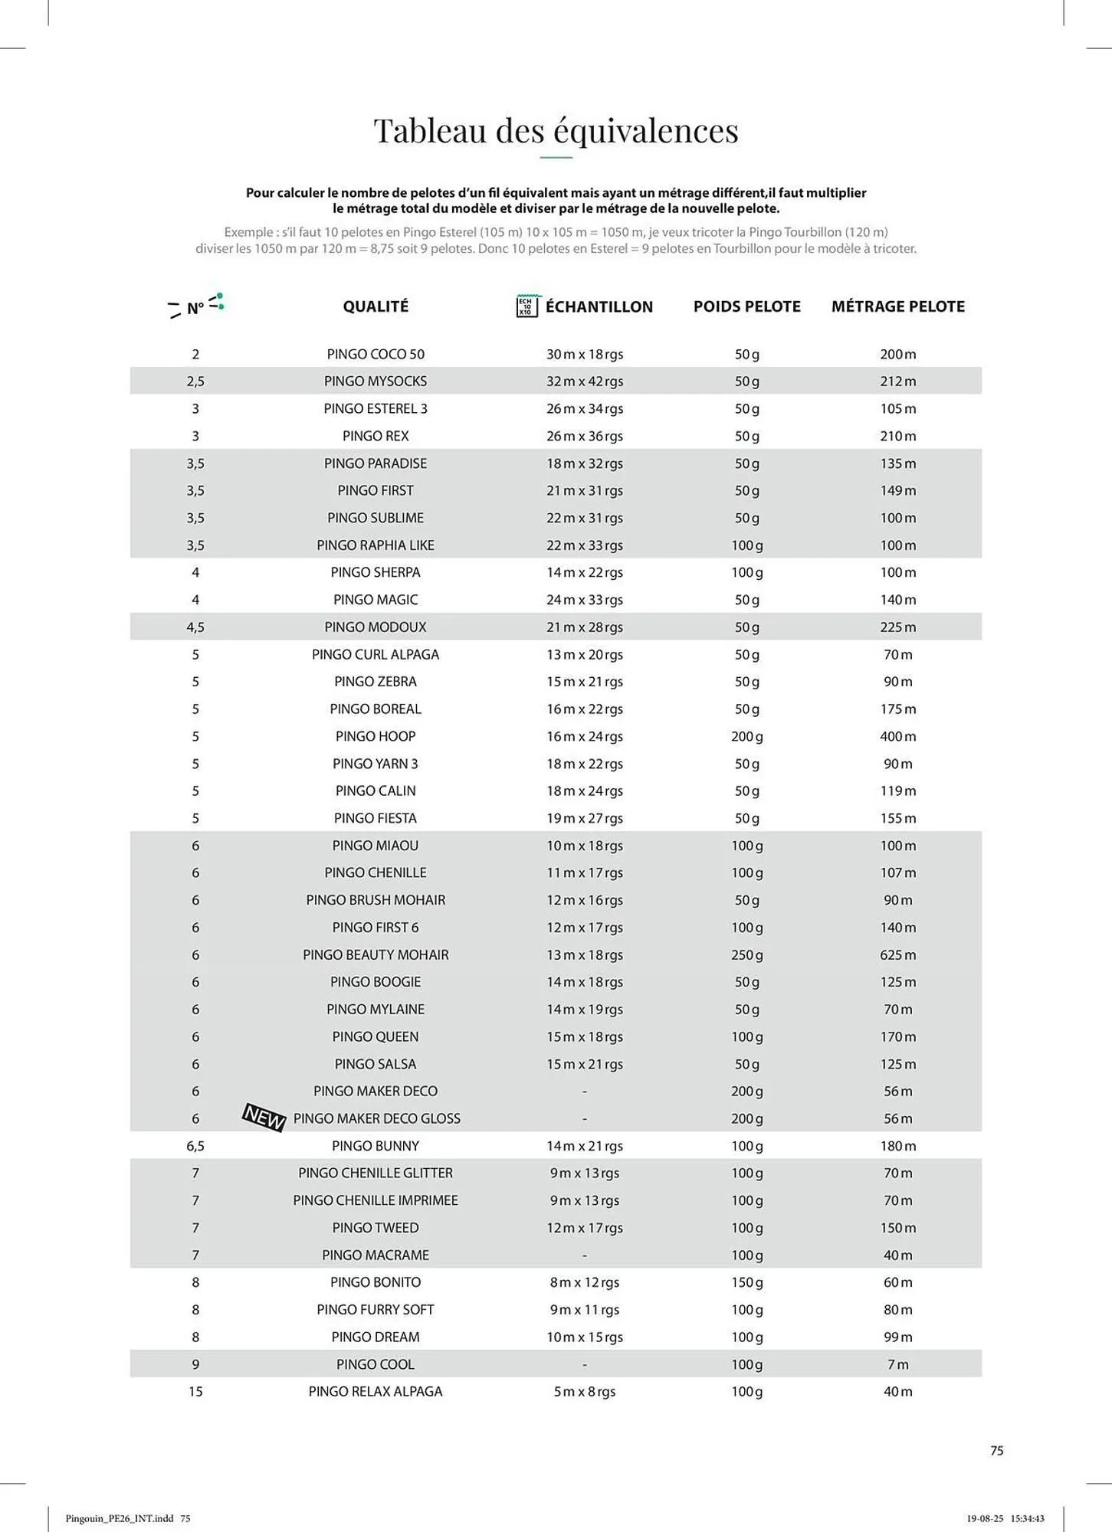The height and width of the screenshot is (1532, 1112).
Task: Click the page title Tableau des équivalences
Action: (x=556, y=130)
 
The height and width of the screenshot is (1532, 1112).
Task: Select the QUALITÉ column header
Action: (x=376, y=306)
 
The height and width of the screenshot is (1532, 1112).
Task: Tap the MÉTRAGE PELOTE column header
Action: (x=897, y=306)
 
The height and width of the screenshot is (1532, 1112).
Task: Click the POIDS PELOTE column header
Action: (x=746, y=306)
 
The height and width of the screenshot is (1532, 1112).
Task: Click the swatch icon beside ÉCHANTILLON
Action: (x=526, y=306)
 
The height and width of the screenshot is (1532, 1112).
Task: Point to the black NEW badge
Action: (x=264, y=1118)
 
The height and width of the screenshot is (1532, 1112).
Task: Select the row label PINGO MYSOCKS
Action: (x=376, y=381)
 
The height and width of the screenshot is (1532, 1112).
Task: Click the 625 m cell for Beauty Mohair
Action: (x=897, y=954)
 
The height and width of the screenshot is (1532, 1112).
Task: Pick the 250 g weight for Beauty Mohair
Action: (x=746, y=954)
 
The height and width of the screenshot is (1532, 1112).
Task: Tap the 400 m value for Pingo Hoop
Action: (x=897, y=736)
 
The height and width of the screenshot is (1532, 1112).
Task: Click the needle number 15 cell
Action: (x=195, y=1391)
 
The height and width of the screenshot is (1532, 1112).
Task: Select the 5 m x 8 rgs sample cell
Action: (x=584, y=1391)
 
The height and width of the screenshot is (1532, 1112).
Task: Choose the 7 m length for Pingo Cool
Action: (x=897, y=1364)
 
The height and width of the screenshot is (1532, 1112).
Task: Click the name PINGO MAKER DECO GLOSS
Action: (x=376, y=1118)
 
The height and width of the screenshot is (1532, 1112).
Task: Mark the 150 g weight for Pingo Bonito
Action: (x=746, y=1282)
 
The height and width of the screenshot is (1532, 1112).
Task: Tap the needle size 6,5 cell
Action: (x=195, y=1146)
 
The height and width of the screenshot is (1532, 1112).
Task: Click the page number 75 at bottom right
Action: (x=996, y=1450)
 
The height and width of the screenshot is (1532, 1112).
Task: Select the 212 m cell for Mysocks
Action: (x=897, y=381)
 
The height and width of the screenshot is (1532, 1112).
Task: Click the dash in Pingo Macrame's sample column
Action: (x=584, y=1255)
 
